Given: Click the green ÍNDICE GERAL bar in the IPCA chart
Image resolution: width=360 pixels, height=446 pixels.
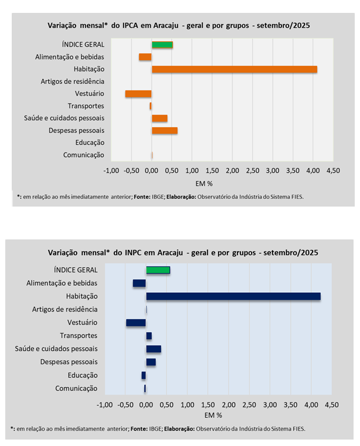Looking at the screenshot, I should point(162,45).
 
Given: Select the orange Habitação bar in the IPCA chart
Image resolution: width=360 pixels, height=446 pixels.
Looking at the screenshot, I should point(234,69).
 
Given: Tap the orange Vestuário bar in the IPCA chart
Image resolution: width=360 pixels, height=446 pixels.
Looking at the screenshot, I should point(138,94).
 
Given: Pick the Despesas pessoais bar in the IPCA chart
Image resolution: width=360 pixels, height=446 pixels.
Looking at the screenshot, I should point(164,130).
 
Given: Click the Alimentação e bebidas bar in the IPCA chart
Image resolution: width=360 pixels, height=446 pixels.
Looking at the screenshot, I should point(145,57).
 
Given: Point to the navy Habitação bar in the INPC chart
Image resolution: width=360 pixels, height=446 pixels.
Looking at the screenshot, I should point(233,296).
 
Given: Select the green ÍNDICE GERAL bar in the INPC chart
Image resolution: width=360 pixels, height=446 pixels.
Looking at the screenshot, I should point(158,270).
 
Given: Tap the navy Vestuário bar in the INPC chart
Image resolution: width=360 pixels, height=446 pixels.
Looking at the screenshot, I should point(135,322).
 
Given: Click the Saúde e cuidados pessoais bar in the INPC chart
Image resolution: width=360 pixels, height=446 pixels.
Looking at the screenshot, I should point(153,349).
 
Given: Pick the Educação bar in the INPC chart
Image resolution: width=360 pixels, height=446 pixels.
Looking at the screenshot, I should point(143,375).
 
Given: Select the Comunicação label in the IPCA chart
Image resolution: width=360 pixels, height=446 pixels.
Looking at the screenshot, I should point(83,155).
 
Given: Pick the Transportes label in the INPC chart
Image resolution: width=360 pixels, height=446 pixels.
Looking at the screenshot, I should point(79,336).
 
